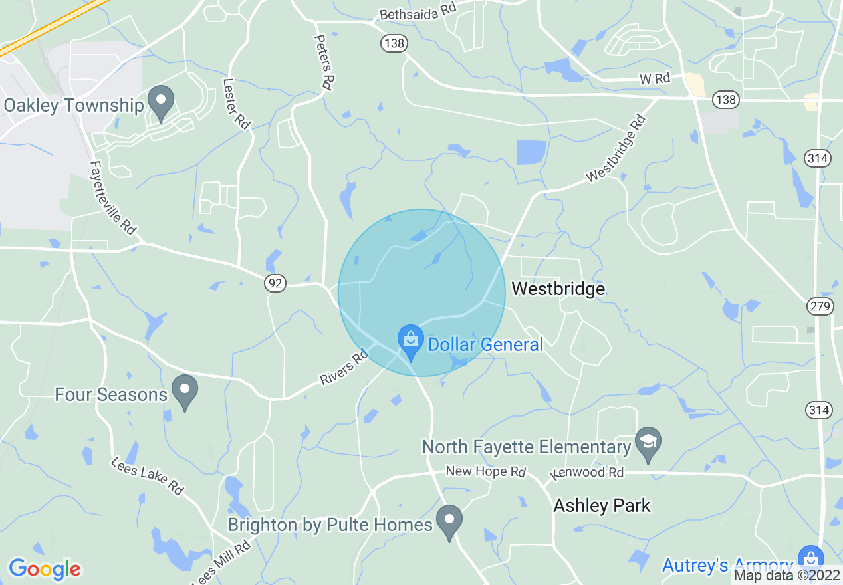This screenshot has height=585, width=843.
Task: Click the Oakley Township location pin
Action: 160,102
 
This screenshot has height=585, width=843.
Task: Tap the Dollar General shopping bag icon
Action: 411,340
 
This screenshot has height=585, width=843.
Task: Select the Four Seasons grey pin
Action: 185,390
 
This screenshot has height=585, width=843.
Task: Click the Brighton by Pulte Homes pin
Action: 449,521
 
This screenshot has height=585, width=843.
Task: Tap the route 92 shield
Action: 275,283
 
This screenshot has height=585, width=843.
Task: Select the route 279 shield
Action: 819,306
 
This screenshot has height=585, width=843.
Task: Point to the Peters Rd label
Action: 324,62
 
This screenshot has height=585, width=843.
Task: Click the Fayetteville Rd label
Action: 113,197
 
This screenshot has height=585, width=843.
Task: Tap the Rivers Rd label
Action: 344,368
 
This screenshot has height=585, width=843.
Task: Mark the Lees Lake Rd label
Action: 148,475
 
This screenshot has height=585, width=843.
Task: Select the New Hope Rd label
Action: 485,471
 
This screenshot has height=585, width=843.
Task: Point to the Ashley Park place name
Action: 602,505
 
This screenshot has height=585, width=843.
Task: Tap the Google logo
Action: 45,569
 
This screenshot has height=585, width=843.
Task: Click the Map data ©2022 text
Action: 787,576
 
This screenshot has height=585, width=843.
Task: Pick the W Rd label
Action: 655,78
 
